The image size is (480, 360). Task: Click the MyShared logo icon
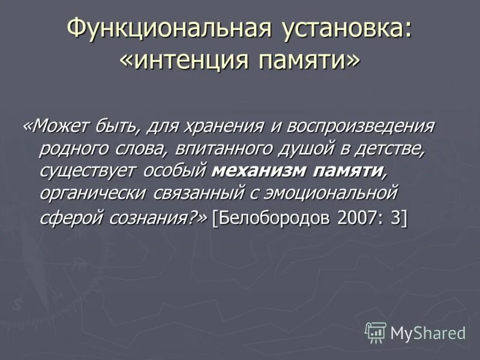point(376,332)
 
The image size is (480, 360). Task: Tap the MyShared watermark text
point(428,333)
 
